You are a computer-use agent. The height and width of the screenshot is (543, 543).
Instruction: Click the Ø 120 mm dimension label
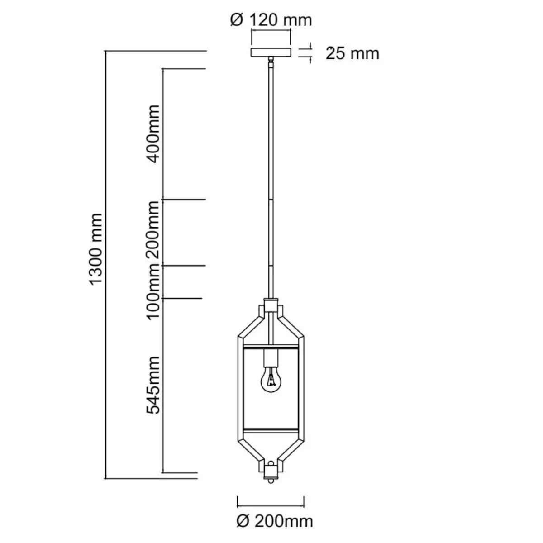[271, 20]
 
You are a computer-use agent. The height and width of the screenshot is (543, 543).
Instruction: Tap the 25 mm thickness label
[352, 53]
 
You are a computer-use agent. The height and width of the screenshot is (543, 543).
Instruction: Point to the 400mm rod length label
[153, 134]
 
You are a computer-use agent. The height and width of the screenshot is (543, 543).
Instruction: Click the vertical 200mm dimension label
[153, 230]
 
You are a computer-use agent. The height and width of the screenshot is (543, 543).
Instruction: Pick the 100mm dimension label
[153, 291]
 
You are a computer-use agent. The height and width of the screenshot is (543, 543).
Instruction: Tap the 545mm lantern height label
[153, 385]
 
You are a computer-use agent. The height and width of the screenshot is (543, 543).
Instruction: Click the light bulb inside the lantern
[271, 379]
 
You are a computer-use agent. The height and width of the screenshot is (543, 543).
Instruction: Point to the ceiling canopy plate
[271, 52]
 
